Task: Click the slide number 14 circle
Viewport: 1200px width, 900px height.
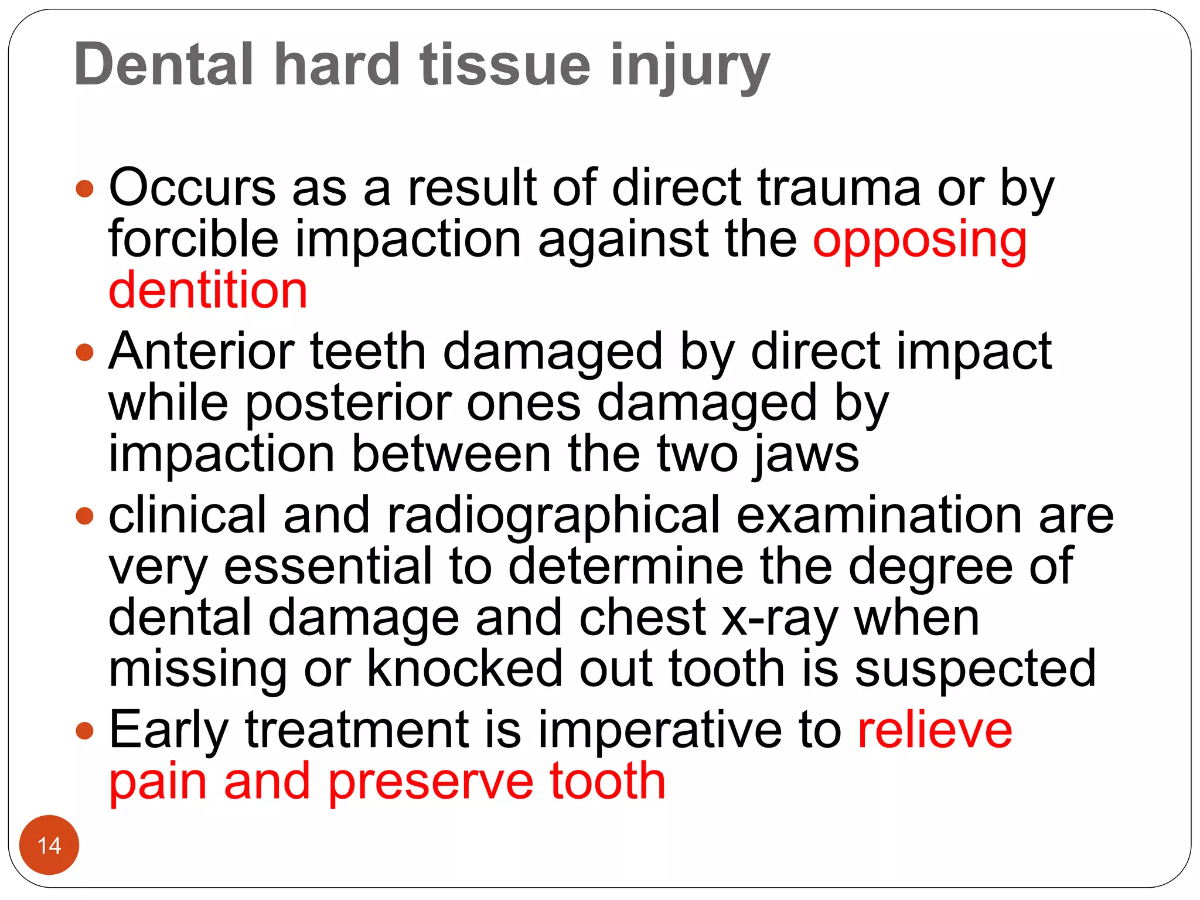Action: point(49,845)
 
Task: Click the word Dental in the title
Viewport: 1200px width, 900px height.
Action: point(164,64)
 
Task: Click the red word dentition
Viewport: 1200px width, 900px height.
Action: point(208,291)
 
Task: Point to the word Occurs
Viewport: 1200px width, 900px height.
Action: point(192,189)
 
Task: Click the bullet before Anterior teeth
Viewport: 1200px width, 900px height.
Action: point(85,352)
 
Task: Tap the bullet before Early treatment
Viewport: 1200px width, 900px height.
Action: point(85,731)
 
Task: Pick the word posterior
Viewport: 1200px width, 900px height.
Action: point(348,404)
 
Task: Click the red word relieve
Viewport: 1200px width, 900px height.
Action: point(935,731)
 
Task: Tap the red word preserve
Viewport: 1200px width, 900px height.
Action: point(431,782)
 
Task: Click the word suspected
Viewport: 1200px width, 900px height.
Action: point(975,669)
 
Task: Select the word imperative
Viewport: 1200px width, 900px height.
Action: point(660,731)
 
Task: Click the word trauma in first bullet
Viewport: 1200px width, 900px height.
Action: point(839,189)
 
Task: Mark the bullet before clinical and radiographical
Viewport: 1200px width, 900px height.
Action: point(85,516)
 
